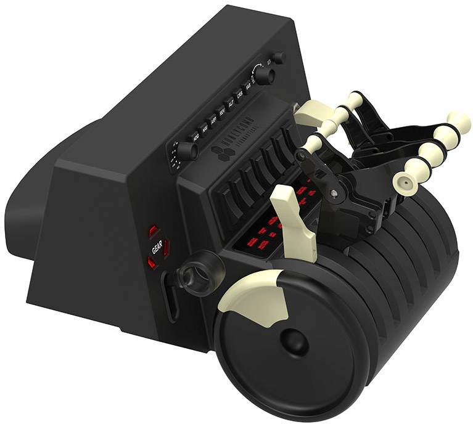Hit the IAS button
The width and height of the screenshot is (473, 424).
click(x=248, y=91)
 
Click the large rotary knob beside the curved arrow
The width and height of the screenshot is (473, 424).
click(x=264, y=76)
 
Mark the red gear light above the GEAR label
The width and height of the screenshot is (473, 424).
click(x=154, y=230)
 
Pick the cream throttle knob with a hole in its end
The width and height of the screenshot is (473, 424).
click(x=405, y=181)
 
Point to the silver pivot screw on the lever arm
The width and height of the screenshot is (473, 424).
click(x=334, y=192)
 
